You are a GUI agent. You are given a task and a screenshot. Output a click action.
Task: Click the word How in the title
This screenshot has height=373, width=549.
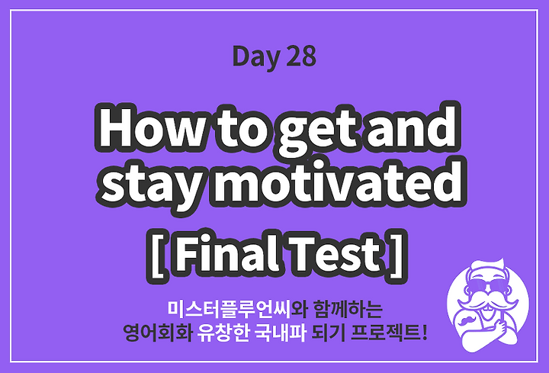point(149,127)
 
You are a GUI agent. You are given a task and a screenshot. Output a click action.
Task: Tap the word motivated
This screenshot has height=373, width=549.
point(338,182)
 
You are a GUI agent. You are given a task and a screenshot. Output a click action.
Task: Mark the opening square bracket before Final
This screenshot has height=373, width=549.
point(157,256)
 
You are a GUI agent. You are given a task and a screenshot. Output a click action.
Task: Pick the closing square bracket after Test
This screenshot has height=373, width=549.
point(397,255)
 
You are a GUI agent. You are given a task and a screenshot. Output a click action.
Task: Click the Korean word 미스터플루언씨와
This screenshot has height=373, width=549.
point(236,309)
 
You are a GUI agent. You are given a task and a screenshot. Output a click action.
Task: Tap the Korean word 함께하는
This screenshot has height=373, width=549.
point(348,309)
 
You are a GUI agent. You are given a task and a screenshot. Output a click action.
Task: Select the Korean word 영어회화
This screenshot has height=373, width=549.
point(157,333)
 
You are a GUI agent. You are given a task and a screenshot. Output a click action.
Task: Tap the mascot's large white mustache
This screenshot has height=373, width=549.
point(488,301)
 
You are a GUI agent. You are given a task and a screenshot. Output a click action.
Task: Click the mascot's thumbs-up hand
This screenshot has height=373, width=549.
point(502,325)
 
